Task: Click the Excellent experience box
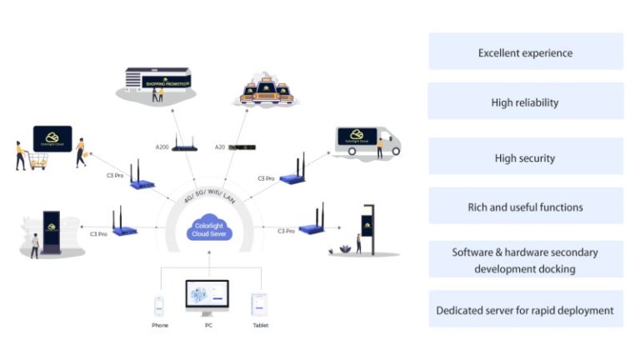pyautogui.click(x=525, y=52)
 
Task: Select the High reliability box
pyautogui.click(x=525, y=102)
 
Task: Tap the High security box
pyautogui.click(x=525, y=158)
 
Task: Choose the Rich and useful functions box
pyautogui.click(x=525, y=207)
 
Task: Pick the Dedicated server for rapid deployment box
pyautogui.click(x=525, y=310)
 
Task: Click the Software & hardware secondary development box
pyautogui.click(x=525, y=259)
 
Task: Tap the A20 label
pyautogui.click(x=219, y=147)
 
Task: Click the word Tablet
pyautogui.click(x=260, y=325)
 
